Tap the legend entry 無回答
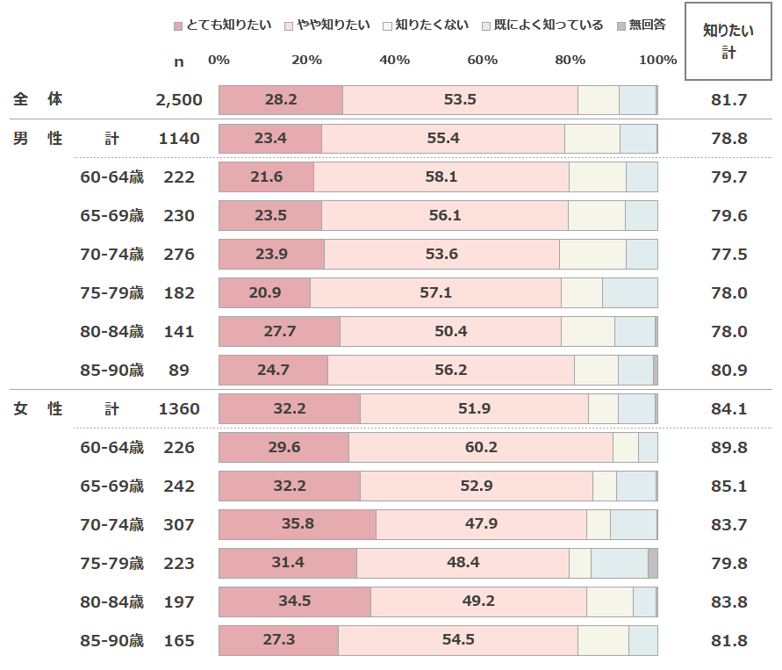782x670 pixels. point(642,25)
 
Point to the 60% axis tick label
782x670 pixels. point(482,60)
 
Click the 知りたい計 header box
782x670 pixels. point(728,41)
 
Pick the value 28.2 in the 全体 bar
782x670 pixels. point(280,100)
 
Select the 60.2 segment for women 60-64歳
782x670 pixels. point(480,448)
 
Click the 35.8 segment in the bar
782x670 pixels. point(297,525)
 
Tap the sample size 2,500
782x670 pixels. point(179,100)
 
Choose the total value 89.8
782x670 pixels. point(728,448)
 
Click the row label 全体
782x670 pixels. point(38,100)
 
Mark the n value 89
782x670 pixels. point(179,371)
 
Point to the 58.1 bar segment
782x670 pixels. point(441,177)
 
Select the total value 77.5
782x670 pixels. point(728,255)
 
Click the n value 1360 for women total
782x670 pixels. point(179,409)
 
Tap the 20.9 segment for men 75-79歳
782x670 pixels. point(264,293)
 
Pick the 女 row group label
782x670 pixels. point(19,409)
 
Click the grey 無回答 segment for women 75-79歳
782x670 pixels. point(653,564)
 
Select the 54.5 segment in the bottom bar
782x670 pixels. point(457,641)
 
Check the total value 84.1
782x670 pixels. point(728,409)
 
